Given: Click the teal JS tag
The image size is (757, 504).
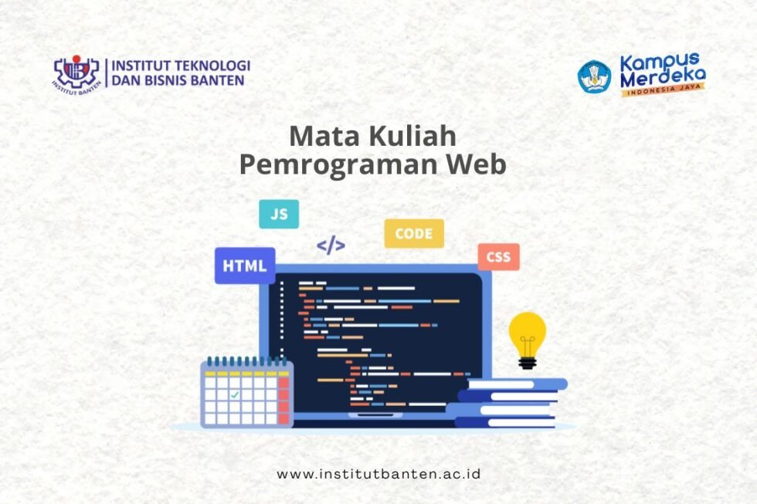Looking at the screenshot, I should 278,214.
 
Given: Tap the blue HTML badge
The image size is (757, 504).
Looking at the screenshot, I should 244,266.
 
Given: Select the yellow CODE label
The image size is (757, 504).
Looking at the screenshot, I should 413,233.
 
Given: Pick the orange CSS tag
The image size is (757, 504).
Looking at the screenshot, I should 498,256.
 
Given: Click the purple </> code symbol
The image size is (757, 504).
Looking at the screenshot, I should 331,246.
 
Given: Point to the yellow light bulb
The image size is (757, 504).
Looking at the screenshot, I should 528,338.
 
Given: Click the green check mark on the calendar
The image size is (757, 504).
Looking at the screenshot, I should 235,394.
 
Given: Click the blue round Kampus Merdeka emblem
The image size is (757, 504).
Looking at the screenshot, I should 594,76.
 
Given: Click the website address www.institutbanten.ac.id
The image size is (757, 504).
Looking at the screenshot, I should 378,473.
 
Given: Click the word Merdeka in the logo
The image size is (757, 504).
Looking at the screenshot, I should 662,78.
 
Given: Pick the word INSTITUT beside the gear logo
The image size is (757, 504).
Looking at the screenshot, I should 139,66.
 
